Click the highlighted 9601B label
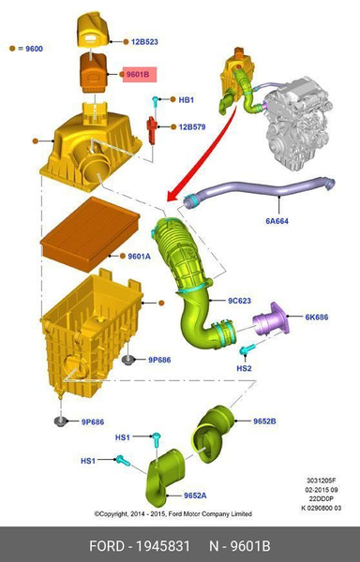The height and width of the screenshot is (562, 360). tap(138, 74)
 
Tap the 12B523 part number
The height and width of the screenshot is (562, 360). tap(144, 42)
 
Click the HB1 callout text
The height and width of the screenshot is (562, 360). tap(186, 100)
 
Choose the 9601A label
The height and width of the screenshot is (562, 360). tap(139, 256)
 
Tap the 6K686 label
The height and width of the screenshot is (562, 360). tap(316, 318)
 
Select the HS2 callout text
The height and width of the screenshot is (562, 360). tap(245, 369)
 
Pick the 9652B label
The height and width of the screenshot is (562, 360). tap(264, 421)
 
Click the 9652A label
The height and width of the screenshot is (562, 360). tap(195, 495)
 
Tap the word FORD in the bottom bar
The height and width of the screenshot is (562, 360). tap(109, 545)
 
